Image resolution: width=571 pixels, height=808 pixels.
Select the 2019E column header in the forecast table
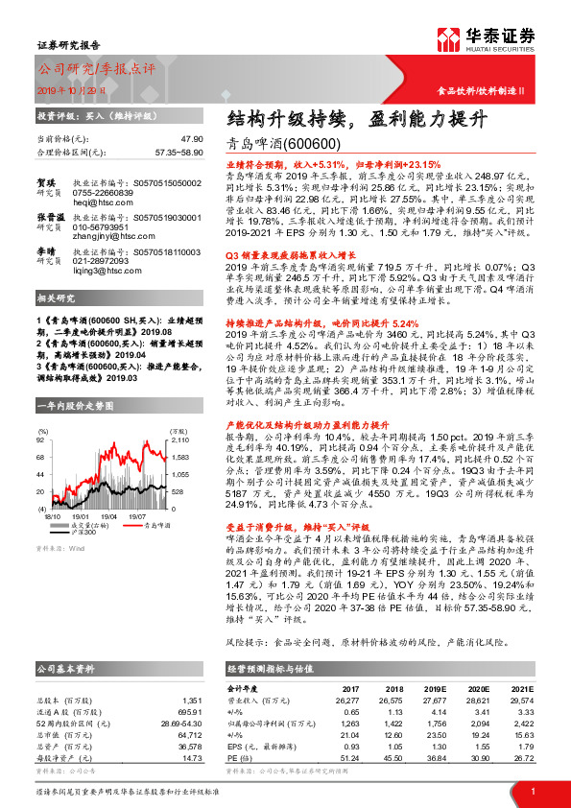coord(437,689)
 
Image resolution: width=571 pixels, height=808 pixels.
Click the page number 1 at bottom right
coord(532,790)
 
